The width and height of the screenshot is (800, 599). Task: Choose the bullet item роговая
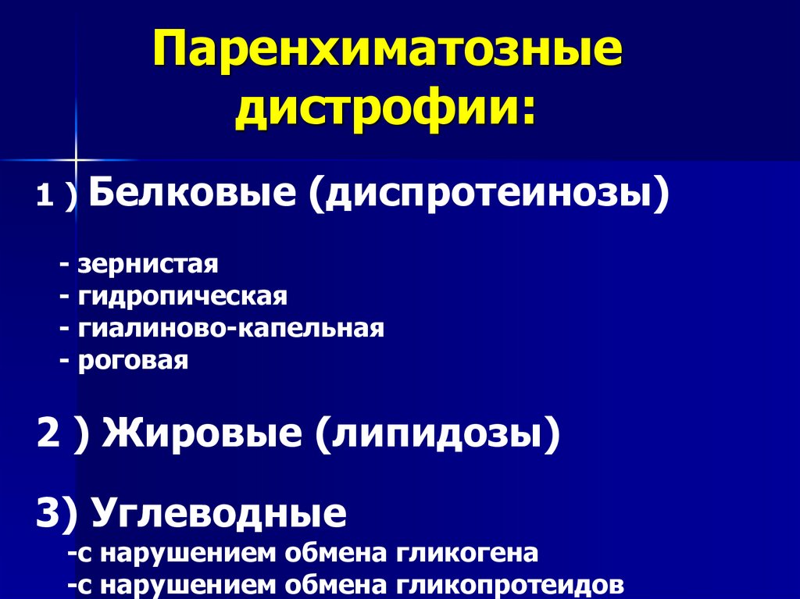click(134, 361)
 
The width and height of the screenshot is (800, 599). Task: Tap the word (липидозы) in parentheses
click(437, 434)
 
